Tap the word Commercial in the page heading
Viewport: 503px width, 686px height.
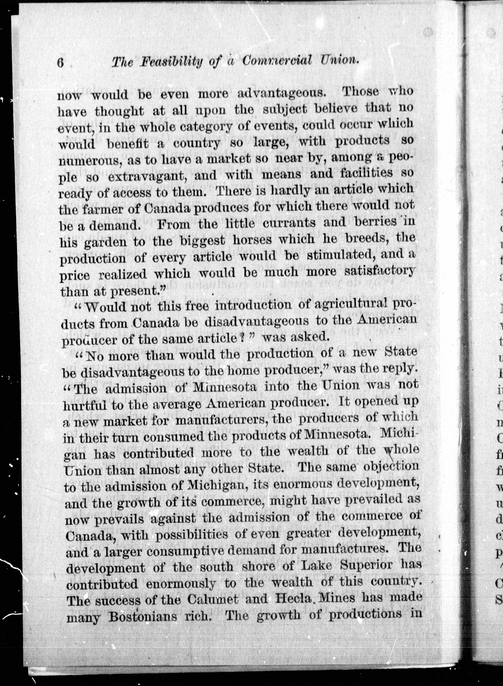(277, 60)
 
